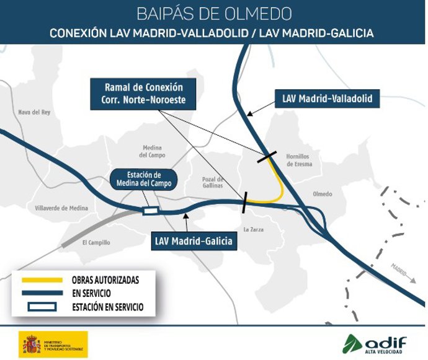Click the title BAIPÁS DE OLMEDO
(x=213, y=14)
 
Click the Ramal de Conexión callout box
(x=142, y=94)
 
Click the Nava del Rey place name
(x=33, y=112)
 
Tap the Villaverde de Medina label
(x=61, y=208)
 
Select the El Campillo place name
(x=96, y=242)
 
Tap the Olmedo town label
(x=323, y=193)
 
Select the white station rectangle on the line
(x=150, y=211)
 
